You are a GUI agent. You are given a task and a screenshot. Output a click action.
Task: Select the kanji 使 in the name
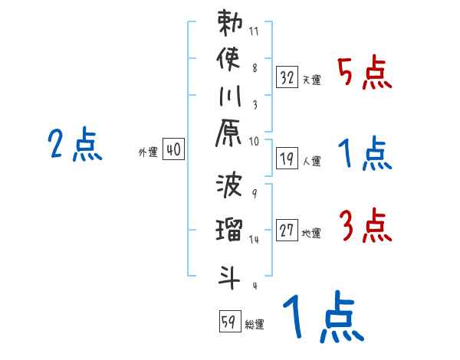[229, 59]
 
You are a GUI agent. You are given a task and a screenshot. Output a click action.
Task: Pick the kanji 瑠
[229, 229]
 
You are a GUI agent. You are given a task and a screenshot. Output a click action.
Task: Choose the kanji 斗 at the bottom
[229, 274]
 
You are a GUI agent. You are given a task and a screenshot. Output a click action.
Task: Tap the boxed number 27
[287, 230]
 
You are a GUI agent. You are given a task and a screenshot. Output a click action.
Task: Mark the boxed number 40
[173, 150]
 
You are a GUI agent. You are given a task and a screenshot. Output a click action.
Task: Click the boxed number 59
[228, 321]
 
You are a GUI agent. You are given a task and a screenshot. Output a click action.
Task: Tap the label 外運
[148, 152]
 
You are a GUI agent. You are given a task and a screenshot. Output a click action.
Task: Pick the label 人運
[311, 161]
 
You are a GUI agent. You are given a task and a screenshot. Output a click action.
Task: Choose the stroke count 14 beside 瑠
[255, 240]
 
